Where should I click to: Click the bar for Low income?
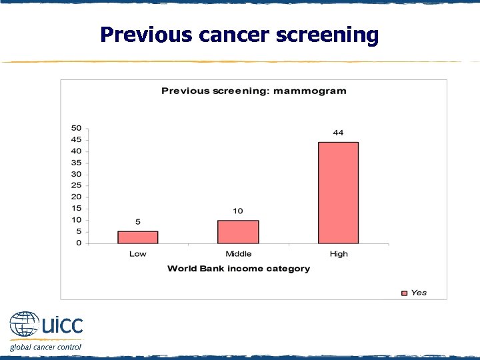pyautogui.click(x=138, y=237)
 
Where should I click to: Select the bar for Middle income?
pyautogui.click(x=238, y=231)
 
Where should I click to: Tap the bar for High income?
pyautogui.click(x=338, y=193)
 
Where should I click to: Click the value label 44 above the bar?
pyautogui.click(x=338, y=133)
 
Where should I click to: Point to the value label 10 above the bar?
pyautogui.click(x=238, y=211)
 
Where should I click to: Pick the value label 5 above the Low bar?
pyautogui.click(x=138, y=222)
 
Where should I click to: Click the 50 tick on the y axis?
pyautogui.click(x=77, y=128)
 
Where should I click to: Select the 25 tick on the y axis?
pyautogui.click(x=77, y=185)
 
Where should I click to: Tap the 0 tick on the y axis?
pyautogui.click(x=79, y=243)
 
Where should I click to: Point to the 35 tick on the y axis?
pyautogui.click(x=77, y=163)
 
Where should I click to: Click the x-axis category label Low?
pyautogui.click(x=138, y=254)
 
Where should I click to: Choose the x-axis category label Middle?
pyautogui.click(x=238, y=254)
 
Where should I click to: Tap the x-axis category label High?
pyautogui.click(x=338, y=254)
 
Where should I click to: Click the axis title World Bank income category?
pyautogui.click(x=238, y=269)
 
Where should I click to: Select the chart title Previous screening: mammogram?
pyautogui.click(x=253, y=91)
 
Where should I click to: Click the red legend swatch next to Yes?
pyautogui.click(x=403, y=293)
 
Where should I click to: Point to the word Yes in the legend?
pyautogui.click(x=419, y=293)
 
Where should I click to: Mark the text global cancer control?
pyautogui.click(x=45, y=347)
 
